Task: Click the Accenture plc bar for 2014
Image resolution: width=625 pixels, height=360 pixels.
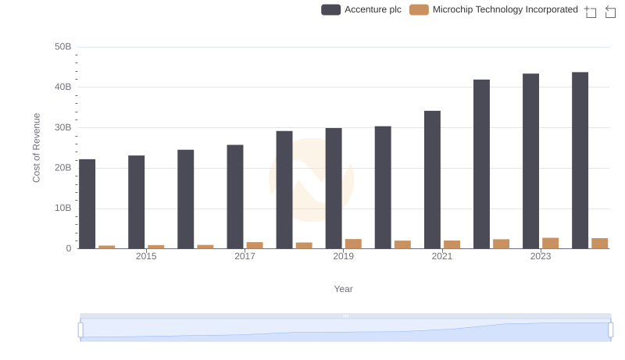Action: pyautogui.click(x=87, y=204)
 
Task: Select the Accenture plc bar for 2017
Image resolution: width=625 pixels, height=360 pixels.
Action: pyautogui.click(x=235, y=197)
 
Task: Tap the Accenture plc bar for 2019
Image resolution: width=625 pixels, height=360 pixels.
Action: pyautogui.click(x=334, y=188)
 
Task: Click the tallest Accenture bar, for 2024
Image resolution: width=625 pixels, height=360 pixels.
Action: pyautogui.click(x=580, y=160)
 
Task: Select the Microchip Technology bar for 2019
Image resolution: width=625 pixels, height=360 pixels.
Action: pyautogui.click(x=353, y=244)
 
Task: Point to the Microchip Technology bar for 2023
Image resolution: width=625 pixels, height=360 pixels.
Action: pyautogui.click(x=550, y=243)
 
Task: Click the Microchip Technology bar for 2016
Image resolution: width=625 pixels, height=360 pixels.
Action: pyautogui.click(x=205, y=247)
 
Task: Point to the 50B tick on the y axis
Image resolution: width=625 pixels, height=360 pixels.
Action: pyautogui.click(x=62, y=47)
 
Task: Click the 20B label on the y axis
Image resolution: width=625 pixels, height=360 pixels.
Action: pyautogui.click(x=62, y=168)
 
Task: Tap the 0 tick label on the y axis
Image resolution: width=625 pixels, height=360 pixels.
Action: pyautogui.click(x=68, y=248)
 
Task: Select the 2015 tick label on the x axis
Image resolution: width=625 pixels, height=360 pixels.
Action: pyautogui.click(x=146, y=256)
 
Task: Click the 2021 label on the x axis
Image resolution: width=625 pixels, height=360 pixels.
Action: pyautogui.click(x=442, y=256)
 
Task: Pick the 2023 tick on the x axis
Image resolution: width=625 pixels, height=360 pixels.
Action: pyautogui.click(x=541, y=256)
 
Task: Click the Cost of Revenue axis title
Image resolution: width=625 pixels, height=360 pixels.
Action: pyautogui.click(x=36, y=148)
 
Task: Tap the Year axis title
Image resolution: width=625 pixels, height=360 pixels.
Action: pyautogui.click(x=344, y=289)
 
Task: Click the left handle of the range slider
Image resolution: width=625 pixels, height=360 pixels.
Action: pyautogui.click(x=80, y=330)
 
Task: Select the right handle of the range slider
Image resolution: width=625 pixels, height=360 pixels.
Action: pyautogui.click(x=611, y=330)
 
